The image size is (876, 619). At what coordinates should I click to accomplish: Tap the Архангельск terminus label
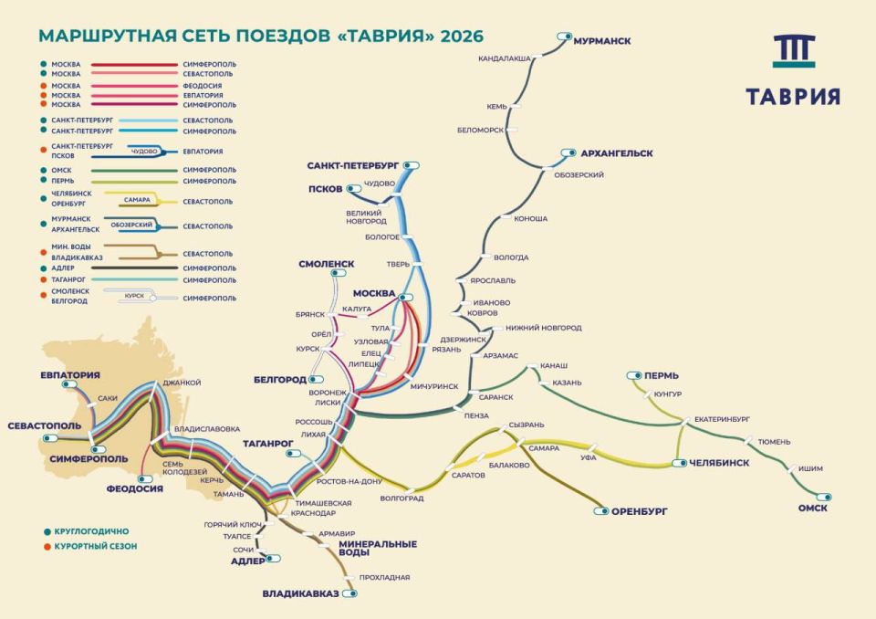tap(617, 153)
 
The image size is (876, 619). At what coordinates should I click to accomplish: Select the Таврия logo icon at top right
tap(793, 53)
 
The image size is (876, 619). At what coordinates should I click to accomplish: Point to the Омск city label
tap(812, 509)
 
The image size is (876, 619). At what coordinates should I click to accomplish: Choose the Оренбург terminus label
tap(640, 511)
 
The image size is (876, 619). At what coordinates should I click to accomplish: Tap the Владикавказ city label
tap(300, 593)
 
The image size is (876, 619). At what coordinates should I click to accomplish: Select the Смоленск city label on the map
tap(326, 264)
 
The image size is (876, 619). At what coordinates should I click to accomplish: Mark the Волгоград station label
tap(401, 498)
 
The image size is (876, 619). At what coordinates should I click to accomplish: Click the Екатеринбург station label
tap(722, 418)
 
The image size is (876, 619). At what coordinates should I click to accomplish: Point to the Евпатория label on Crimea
tap(69, 375)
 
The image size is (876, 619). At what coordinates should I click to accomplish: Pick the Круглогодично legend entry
tap(92, 530)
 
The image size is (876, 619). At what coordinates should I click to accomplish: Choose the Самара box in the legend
tap(137, 198)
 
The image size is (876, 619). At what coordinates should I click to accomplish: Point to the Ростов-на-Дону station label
tap(348, 481)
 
